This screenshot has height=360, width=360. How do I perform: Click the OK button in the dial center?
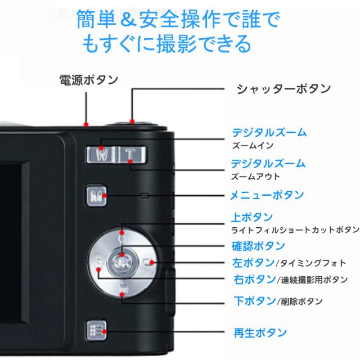click(120, 261)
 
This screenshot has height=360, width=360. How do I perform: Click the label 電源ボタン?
click(88, 80)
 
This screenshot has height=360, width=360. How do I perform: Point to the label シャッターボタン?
click(283, 88)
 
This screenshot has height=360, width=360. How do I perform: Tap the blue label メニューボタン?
click(267, 195)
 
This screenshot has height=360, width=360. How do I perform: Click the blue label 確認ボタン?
click(258, 246)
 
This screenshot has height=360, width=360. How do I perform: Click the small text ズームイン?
click(253, 146)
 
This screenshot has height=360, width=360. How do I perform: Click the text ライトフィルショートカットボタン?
click(295, 230)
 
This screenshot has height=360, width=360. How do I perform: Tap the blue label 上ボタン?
click(253, 217)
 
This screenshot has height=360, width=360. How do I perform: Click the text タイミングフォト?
click(308, 263)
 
